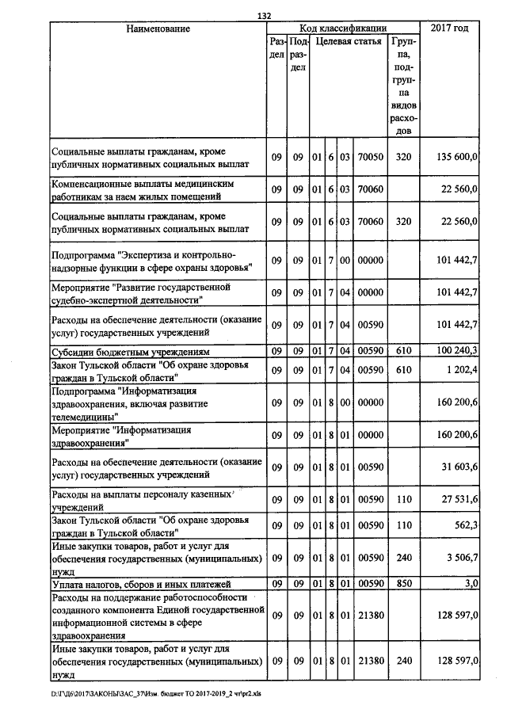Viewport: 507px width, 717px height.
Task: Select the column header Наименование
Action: point(158,29)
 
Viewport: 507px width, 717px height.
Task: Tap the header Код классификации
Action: point(343,29)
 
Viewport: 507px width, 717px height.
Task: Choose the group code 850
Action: point(403,584)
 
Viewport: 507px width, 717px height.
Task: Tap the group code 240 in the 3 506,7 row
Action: point(403,558)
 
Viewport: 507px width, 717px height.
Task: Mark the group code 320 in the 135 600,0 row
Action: point(403,158)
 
